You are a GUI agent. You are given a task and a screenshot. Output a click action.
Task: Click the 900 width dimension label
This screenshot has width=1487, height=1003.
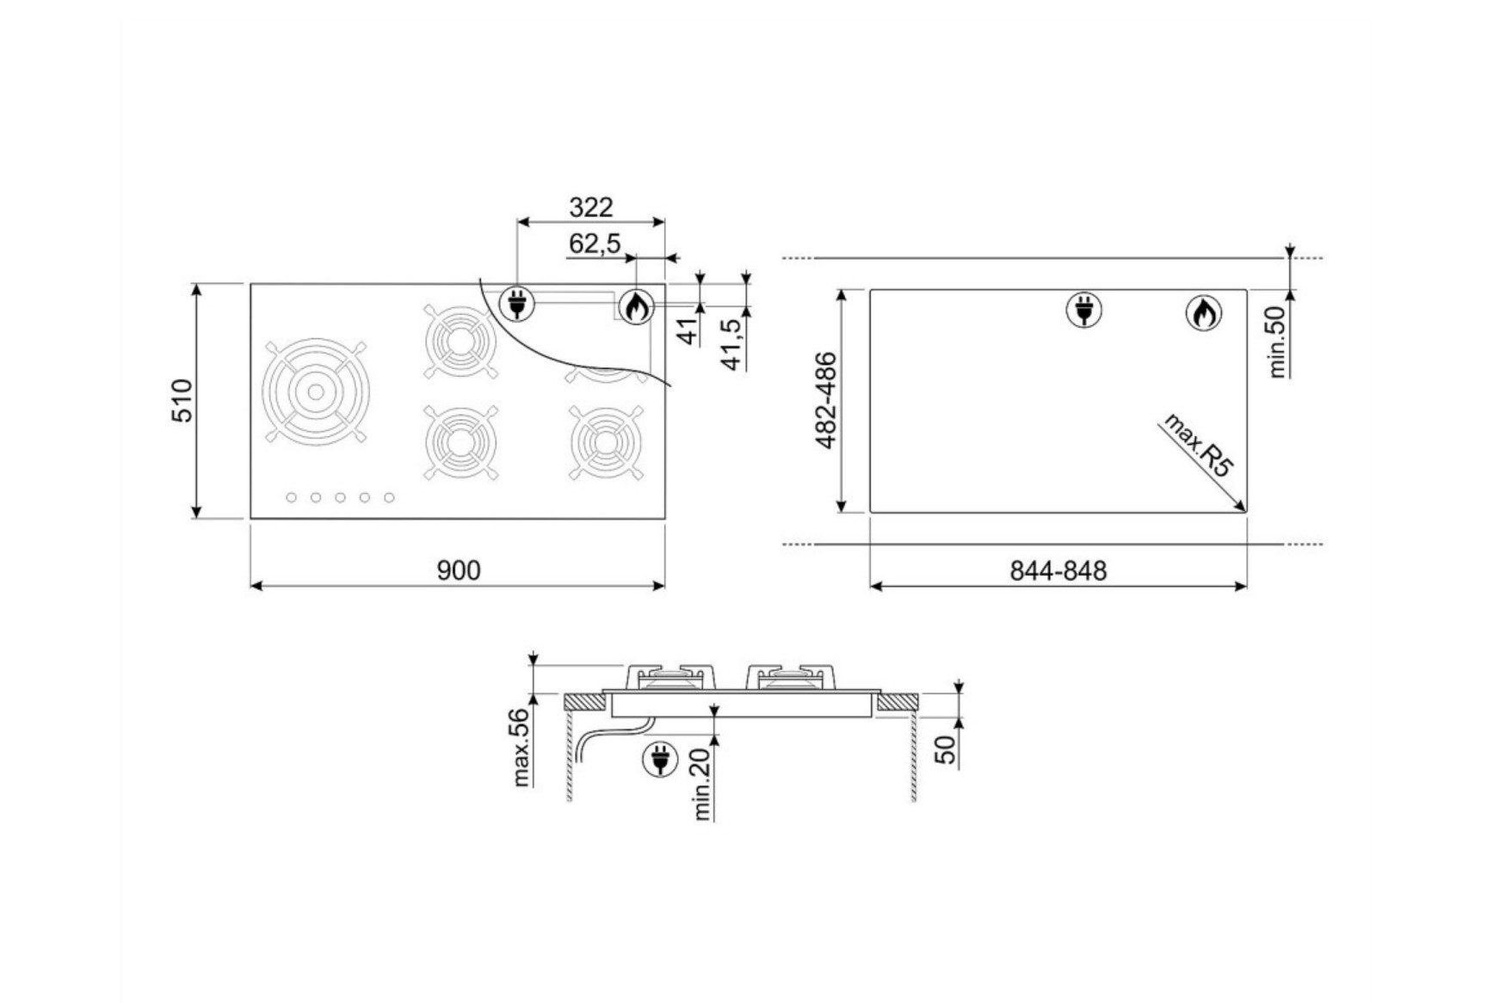click(x=459, y=570)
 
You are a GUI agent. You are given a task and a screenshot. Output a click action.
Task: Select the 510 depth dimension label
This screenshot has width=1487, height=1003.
click(x=183, y=400)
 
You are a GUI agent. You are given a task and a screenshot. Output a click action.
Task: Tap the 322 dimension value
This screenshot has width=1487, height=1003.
click(x=591, y=207)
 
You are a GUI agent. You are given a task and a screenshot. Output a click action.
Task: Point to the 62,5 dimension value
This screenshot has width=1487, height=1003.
click(x=595, y=244)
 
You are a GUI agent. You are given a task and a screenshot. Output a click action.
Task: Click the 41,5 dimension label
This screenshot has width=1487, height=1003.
click(x=731, y=344)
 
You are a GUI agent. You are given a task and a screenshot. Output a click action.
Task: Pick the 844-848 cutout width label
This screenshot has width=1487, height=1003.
click(x=1058, y=570)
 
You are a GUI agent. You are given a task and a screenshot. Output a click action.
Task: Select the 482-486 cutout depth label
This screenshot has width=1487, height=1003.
click(x=826, y=400)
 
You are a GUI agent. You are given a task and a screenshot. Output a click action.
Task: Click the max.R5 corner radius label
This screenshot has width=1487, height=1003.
click(x=1199, y=445)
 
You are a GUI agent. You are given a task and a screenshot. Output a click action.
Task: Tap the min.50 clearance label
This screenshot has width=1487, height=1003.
click(x=1277, y=342)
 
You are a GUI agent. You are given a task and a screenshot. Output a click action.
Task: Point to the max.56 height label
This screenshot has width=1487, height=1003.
click(x=521, y=747)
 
